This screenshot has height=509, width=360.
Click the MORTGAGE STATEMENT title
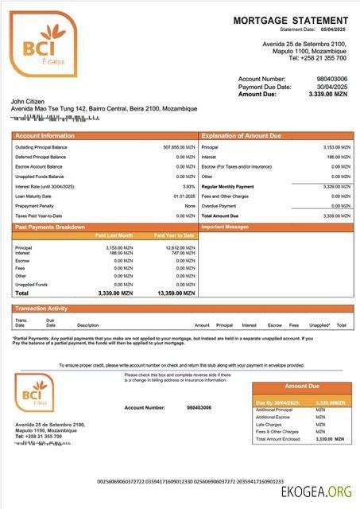pos(290,20)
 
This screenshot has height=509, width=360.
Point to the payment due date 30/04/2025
pos(332,86)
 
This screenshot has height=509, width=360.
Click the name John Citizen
pos(29,101)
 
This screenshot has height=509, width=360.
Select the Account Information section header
pos(45,136)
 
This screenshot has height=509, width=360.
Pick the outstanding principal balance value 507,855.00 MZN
pos(178,147)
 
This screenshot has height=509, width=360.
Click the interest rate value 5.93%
pos(188,186)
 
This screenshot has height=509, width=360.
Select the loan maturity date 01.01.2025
pos(184,196)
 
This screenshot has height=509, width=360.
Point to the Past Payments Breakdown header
pos(49,227)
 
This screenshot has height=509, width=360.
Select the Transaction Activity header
pos(41,308)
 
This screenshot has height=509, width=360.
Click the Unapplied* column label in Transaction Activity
pos(319,324)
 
